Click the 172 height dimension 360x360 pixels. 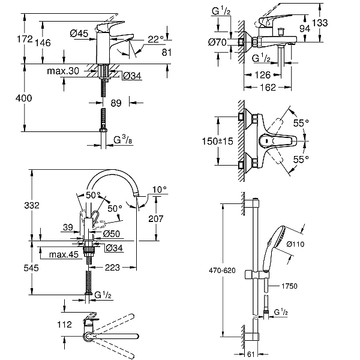(x=25, y=39)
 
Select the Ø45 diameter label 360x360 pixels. (x=79, y=34)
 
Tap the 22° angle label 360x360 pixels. (x=155, y=39)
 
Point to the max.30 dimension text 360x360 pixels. (x=63, y=71)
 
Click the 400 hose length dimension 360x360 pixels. (x=23, y=98)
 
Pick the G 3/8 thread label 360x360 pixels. (x=123, y=140)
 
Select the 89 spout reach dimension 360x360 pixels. (x=116, y=103)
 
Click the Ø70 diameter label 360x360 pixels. (x=217, y=42)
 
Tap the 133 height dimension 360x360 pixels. (x=320, y=23)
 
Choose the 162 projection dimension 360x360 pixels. (x=268, y=87)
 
